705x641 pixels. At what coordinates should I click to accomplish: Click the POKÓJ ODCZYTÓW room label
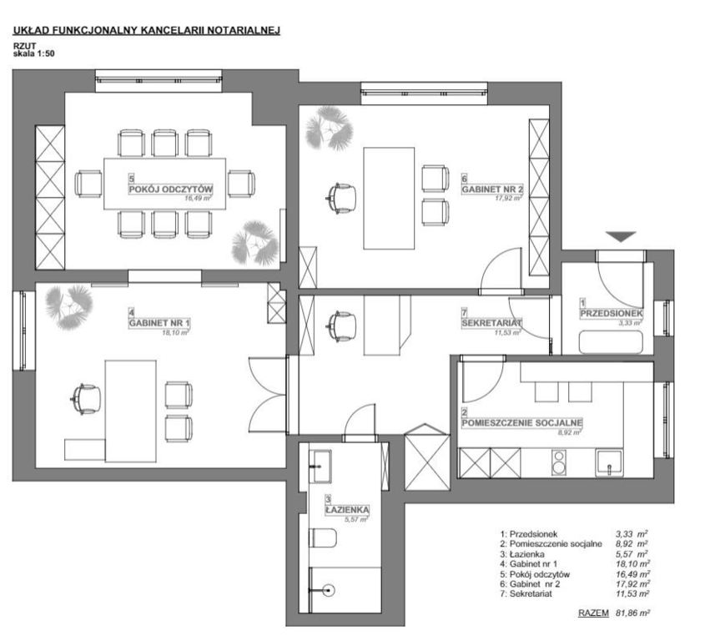tap(170, 189)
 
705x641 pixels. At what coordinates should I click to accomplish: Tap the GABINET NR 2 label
tap(492, 189)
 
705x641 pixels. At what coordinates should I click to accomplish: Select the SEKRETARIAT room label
tap(491, 322)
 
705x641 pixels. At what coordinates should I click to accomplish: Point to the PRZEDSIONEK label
tap(611, 313)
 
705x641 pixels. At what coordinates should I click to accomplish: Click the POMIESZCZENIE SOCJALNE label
tap(522, 422)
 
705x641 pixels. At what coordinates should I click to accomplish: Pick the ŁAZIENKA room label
tap(348, 510)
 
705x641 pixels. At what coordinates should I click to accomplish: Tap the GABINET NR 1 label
tap(159, 322)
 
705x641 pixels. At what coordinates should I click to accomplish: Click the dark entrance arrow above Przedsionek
tap(621, 236)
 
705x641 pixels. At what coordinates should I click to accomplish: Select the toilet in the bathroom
tap(323, 538)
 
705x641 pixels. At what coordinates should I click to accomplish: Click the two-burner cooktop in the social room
tap(558, 462)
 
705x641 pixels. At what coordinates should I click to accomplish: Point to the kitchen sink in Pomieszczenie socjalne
tap(609, 463)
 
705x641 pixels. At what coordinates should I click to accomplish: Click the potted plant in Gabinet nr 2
tap(329, 128)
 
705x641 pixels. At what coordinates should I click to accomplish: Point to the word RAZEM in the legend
tap(593, 613)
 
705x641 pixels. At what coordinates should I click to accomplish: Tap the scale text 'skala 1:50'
tap(33, 53)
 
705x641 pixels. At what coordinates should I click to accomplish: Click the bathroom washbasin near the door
tap(320, 466)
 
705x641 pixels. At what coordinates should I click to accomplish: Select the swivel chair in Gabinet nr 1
tap(86, 399)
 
